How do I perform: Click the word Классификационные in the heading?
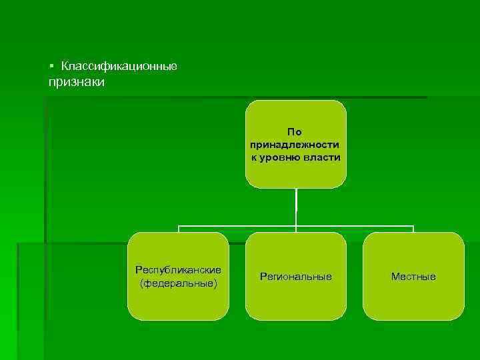coord(119,67)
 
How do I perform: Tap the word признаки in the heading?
coord(76,82)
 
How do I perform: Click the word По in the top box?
coord(295,132)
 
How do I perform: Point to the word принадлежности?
coord(295,145)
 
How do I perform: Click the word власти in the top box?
coord(323,157)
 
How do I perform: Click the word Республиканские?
coord(178,270)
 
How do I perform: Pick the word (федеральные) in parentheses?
coord(178,283)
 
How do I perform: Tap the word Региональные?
coord(296,277)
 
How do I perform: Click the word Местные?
coord(413,277)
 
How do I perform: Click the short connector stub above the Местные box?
coord(413,229)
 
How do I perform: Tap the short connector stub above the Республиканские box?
coord(178,229)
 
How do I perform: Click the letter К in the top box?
coord(254,157)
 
